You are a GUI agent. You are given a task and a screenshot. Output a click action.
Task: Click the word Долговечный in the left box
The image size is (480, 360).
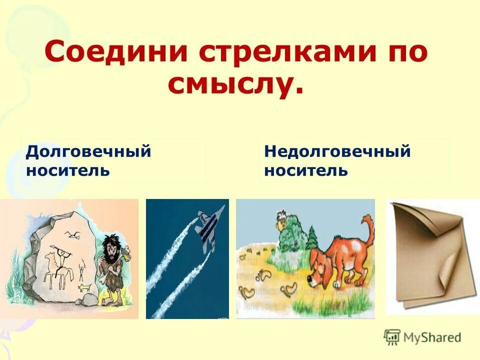[x=88, y=151]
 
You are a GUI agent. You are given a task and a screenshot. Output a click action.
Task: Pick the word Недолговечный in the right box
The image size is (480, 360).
[x=337, y=151]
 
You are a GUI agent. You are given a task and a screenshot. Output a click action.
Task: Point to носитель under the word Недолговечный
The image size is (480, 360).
[x=305, y=170]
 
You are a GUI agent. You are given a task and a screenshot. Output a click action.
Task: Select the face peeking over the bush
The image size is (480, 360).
[x=283, y=218]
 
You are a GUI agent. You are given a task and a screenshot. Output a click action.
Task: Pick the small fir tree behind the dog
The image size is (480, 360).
[x=312, y=237]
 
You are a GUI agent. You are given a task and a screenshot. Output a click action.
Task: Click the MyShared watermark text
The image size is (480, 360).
[x=432, y=338]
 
